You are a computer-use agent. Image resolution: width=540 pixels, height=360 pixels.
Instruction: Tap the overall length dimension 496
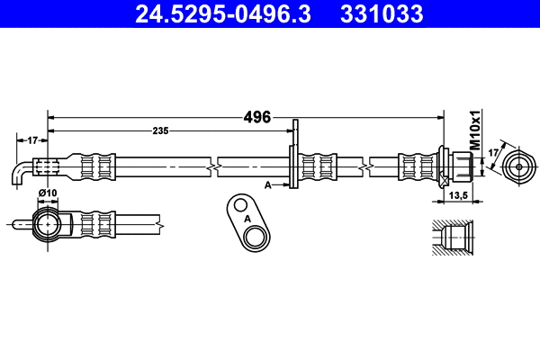point(257,117)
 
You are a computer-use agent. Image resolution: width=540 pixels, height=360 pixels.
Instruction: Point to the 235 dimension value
point(161,131)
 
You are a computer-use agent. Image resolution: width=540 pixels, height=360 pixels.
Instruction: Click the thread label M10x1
point(474,130)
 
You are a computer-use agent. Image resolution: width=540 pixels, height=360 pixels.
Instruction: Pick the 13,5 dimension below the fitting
point(458,194)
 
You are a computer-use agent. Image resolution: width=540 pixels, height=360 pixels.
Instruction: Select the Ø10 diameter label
point(47,194)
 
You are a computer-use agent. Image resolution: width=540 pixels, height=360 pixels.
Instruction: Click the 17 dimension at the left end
point(31,140)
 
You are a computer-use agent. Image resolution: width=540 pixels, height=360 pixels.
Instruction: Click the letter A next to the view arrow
point(268,184)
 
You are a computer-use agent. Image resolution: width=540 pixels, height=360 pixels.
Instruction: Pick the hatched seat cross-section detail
point(452,238)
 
